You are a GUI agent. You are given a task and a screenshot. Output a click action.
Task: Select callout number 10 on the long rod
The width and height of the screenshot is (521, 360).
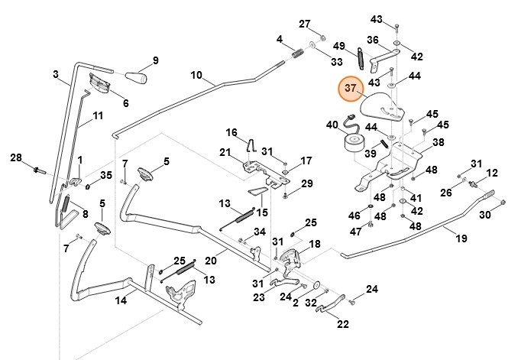(x=196, y=76)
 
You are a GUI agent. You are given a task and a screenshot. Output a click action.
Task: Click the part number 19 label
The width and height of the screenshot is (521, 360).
(x=461, y=238)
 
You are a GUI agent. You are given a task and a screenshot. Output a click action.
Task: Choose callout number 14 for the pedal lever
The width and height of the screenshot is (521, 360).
(x=121, y=300)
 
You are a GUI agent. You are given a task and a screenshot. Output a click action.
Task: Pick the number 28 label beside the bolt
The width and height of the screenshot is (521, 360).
(x=16, y=158)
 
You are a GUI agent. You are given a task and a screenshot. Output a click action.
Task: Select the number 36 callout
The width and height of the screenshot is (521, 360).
(x=373, y=41)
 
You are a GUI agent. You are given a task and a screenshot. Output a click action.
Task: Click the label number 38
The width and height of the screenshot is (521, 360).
(x=438, y=142)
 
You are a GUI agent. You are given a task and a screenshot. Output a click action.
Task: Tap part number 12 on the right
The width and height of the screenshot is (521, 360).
(x=492, y=174)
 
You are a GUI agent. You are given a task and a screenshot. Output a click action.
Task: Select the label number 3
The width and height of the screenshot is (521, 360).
(x=56, y=74)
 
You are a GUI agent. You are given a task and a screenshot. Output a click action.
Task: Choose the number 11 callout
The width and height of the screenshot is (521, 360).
(x=97, y=116)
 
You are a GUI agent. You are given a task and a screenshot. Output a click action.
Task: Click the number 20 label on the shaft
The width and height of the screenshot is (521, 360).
(x=211, y=261)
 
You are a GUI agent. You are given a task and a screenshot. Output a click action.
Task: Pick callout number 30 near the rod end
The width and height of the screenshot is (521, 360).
(x=484, y=216)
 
